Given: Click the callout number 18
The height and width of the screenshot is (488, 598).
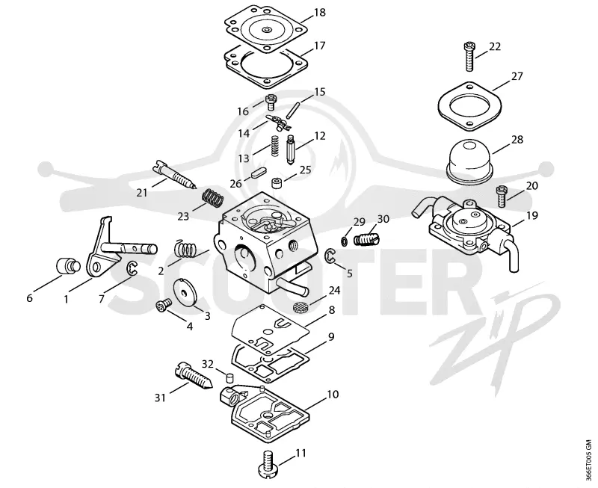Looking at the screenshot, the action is pyautogui.click(x=320, y=13).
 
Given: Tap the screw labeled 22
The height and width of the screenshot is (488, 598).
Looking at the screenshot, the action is pyautogui.click(x=470, y=57).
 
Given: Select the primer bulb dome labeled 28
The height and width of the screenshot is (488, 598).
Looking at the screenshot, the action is pyautogui.click(x=470, y=160).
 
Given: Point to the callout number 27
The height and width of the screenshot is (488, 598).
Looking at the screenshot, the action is pyautogui.click(x=517, y=76).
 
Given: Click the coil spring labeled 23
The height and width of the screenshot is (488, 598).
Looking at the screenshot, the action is pyautogui.click(x=212, y=198).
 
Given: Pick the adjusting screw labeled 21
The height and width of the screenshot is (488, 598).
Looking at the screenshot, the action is pyautogui.click(x=175, y=175).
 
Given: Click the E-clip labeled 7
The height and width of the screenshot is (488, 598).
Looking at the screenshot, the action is pyautogui.click(x=132, y=268).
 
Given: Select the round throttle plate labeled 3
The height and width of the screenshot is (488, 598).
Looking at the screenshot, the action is pyautogui.click(x=183, y=292).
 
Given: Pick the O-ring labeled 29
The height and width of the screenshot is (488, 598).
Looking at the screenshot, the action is pyautogui.click(x=343, y=241).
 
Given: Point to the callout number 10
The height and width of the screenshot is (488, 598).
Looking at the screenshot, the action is pyautogui.click(x=333, y=395).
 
